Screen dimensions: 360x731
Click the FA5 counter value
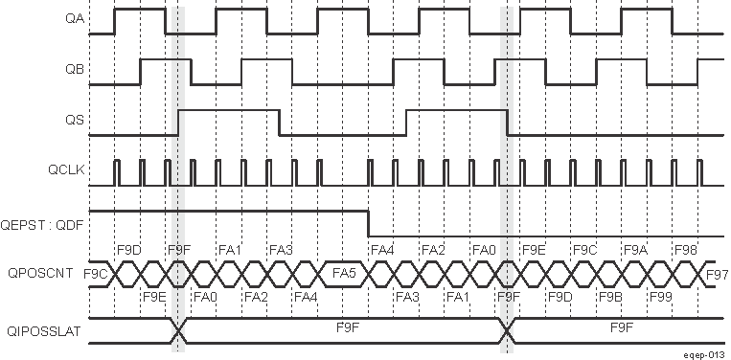point(345,274)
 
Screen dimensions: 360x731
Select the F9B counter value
point(610,298)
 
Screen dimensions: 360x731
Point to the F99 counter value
point(660,298)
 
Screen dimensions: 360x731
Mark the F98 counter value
point(685,250)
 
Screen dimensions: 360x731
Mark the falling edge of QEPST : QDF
point(370,222)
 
